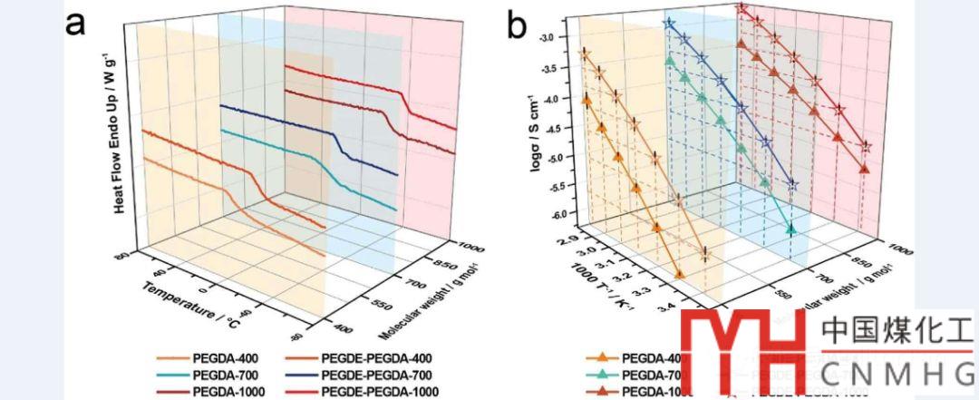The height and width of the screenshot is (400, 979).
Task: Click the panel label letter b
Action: point(516,24)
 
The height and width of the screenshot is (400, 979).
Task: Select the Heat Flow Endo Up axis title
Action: point(118,134)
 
